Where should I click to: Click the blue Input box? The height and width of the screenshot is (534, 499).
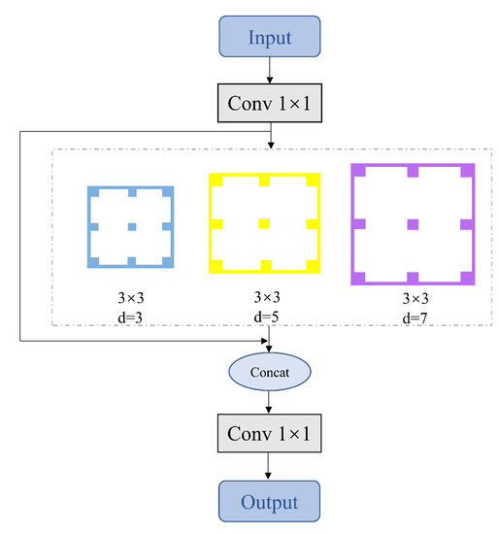point(269,38)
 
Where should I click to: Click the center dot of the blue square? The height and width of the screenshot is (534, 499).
point(131,226)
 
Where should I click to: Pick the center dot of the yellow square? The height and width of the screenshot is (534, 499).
point(264,223)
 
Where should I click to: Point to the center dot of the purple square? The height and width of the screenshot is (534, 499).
point(413,224)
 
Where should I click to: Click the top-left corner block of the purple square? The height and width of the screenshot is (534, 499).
point(358,170)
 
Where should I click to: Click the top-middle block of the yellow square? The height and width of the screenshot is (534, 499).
point(264,181)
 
